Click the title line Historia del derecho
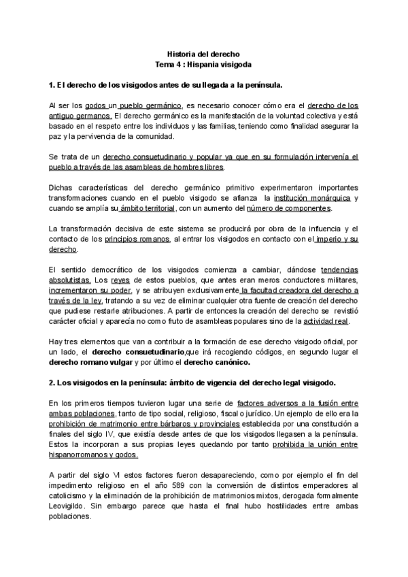(x=203, y=52)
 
